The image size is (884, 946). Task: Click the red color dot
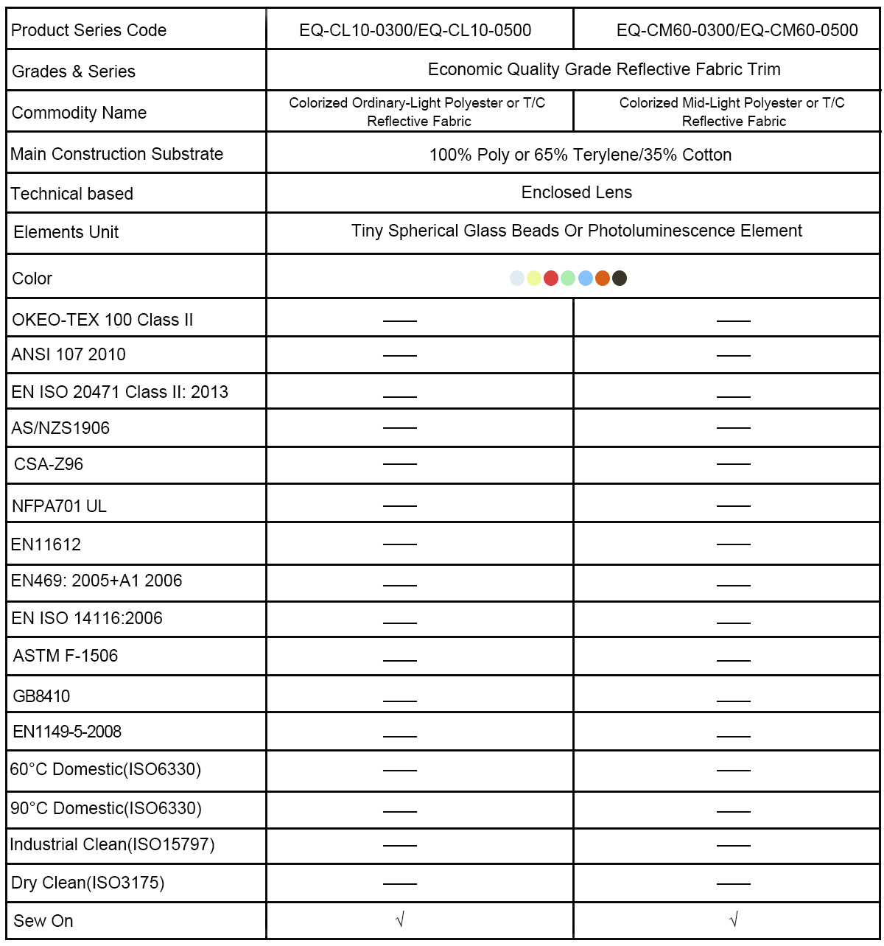[551, 278]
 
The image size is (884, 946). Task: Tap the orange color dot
[603, 278]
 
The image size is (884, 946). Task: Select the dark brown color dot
[620, 278]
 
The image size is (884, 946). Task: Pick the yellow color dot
[534, 278]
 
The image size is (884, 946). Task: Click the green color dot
[568, 278]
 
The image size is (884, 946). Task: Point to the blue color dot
[586, 278]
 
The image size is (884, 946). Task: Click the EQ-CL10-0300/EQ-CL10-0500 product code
[415, 30]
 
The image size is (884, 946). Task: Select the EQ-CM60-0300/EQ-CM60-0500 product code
[737, 30]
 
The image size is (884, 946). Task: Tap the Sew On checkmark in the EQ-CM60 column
[733, 919]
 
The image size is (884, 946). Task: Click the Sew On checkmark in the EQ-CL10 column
[400, 919]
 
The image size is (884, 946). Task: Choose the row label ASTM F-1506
[66, 656]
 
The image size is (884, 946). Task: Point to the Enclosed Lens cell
[576, 192]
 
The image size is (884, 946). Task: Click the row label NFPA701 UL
[59, 506]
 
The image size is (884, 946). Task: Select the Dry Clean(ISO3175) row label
[88, 883]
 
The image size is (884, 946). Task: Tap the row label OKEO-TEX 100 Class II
[102, 320]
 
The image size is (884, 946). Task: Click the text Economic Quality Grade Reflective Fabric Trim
[604, 69]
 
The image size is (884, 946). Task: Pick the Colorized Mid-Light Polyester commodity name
[732, 112]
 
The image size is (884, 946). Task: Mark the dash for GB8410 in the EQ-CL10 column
[400, 701]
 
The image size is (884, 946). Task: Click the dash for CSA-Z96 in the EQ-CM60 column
[733, 464]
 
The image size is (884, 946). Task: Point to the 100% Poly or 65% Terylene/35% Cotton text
[580, 155]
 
